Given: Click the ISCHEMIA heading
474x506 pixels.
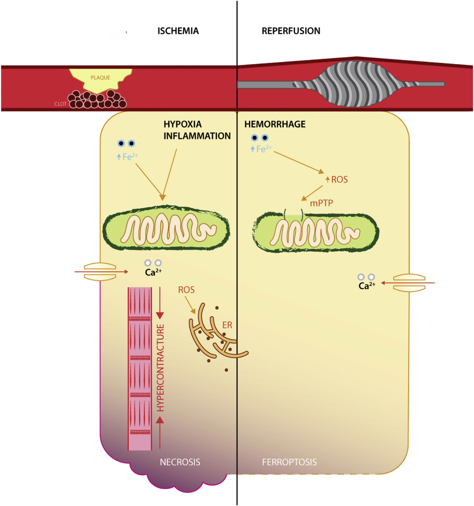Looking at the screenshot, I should click(178, 31).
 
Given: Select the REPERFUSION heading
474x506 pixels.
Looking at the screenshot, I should click(291, 31).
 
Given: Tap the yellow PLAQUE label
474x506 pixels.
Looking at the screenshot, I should click(100, 78).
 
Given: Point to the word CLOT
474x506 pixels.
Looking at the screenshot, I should click(60, 104).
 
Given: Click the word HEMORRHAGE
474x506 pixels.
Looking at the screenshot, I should click(275, 124).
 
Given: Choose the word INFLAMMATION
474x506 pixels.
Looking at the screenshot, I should click(197, 136).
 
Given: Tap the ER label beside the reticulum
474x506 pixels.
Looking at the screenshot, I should click(227, 325).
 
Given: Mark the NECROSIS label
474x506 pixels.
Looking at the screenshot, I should click(180, 462).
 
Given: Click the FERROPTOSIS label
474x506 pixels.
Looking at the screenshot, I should click(289, 462).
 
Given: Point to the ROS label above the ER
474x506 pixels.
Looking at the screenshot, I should click(186, 290).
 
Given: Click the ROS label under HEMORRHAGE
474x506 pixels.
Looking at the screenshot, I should click(339, 179).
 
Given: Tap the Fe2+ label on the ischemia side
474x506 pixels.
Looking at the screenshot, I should click(130, 156).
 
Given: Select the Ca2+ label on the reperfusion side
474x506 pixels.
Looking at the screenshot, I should click(367, 286).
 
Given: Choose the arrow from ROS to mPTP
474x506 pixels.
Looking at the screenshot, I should click(312, 193).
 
